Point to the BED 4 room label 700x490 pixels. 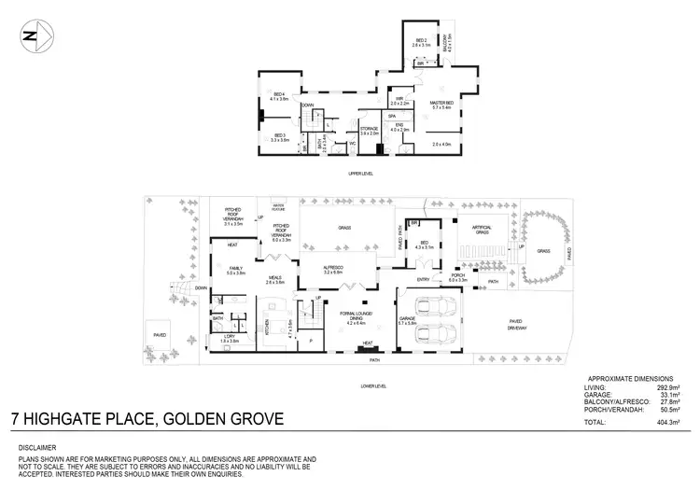tap(279, 96)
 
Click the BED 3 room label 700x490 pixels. tap(279, 138)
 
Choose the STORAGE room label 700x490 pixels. tap(368, 129)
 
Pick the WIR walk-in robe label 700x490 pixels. tap(399, 99)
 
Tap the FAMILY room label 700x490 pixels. tap(236, 270)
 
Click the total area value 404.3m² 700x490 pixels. tap(666, 423)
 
